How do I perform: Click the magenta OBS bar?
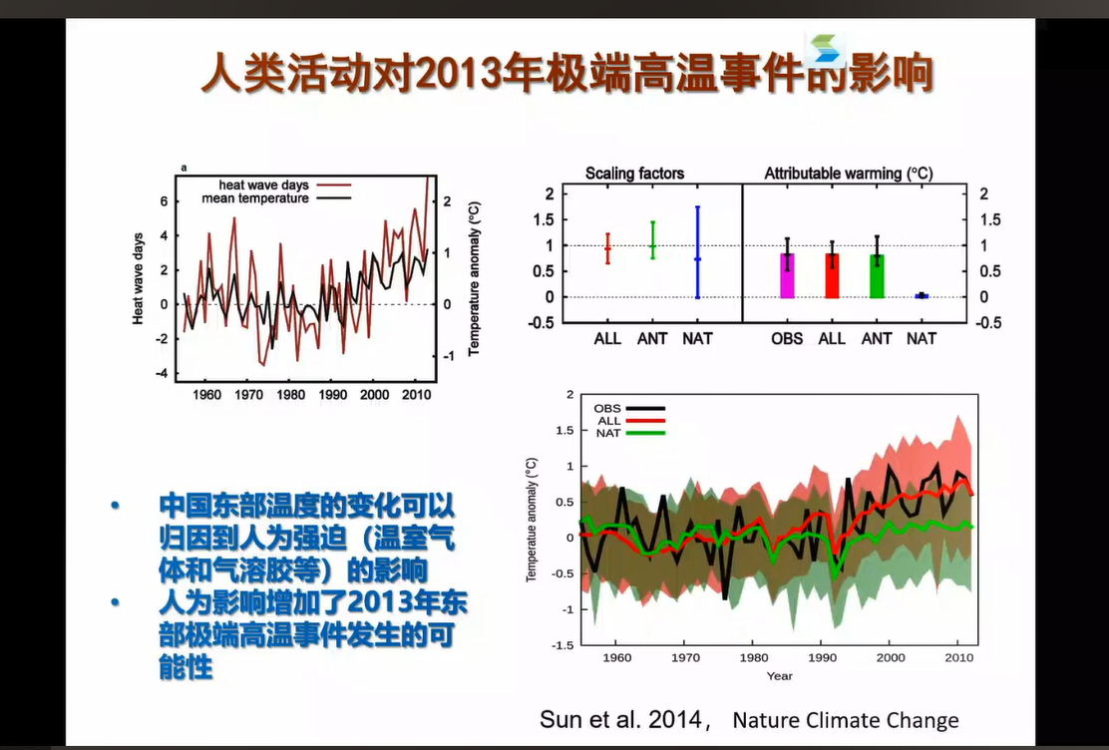click(x=787, y=276)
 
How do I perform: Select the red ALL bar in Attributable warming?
click(x=832, y=276)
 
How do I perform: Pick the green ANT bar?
click(x=877, y=276)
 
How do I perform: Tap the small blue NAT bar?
click(x=922, y=295)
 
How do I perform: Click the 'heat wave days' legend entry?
click(x=264, y=186)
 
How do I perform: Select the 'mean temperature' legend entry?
click(x=255, y=198)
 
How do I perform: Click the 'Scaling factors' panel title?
click(x=634, y=174)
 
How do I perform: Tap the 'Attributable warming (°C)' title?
click(x=849, y=174)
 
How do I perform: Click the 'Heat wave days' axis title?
click(x=139, y=278)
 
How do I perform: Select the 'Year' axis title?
click(x=780, y=676)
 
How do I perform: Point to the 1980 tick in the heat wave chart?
click(x=291, y=395)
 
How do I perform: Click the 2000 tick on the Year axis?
click(x=891, y=657)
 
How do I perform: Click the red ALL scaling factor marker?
click(x=607, y=248)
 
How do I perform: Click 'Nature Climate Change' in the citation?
click(x=846, y=720)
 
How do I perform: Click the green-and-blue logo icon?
click(x=826, y=48)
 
